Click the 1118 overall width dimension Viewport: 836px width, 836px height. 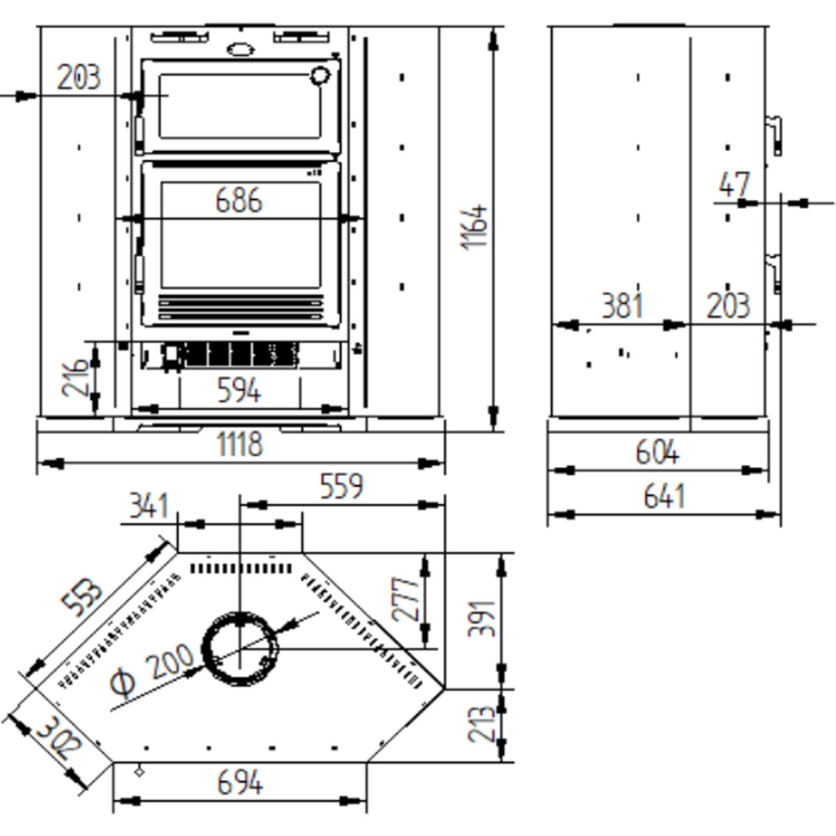[x=240, y=444]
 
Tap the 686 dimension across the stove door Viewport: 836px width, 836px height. [x=239, y=201]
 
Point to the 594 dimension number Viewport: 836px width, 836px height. [x=239, y=390]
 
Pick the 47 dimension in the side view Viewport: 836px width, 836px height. [x=734, y=185]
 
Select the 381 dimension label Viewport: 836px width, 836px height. [x=622, y=306]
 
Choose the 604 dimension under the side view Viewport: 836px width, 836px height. [x=657, y=453]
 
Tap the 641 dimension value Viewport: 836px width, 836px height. [x=664, y=497]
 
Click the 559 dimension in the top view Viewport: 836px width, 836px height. [x=342, y=486]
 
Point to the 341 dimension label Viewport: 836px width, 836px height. [x=149, y=506]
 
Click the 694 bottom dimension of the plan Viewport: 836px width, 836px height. [x=240, y=783]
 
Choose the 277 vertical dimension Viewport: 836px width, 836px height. [x=406, y=598]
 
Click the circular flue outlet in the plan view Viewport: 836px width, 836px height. [x=240, y=649]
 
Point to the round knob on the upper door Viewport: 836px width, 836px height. [x=319, y=75]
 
